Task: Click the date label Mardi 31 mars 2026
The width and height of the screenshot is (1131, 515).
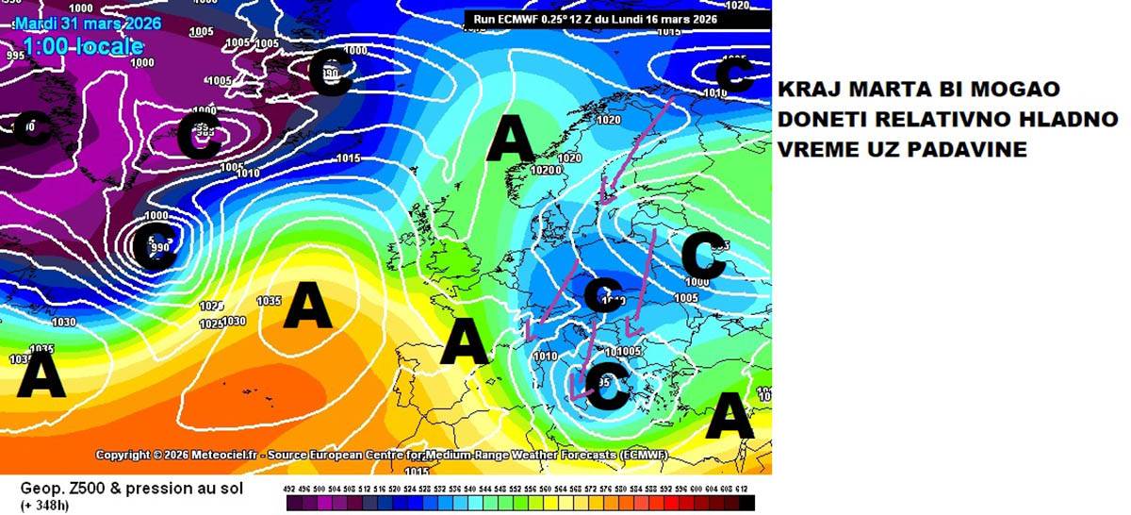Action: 88,23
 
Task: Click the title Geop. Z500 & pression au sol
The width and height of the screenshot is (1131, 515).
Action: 132,489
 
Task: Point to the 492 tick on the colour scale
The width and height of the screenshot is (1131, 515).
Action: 290,490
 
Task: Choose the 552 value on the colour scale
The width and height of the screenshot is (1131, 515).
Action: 517,490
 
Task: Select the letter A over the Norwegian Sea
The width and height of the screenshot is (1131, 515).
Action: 511,141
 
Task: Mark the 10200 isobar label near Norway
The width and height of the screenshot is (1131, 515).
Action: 546,171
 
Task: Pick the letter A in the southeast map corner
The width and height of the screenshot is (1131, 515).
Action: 729,415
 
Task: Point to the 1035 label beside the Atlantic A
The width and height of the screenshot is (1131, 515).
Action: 269,301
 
